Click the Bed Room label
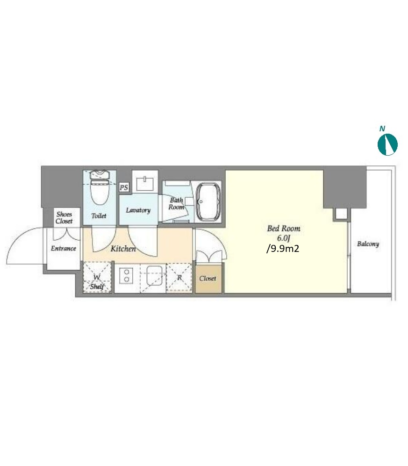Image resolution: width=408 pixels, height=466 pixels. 284,228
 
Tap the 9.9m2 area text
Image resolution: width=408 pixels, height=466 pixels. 283,249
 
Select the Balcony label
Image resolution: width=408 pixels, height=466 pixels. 368,244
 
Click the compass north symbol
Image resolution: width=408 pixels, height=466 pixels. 387,144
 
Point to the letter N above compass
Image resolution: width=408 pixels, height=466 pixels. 382,129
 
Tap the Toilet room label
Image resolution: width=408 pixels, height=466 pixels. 99,216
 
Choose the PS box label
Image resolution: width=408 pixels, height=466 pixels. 124,187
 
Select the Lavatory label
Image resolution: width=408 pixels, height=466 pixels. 138,210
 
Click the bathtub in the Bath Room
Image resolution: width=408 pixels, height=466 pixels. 208,201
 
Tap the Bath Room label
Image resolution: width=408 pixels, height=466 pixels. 176,204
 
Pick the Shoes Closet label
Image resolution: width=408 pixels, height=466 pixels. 64,217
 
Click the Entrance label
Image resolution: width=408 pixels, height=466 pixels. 63,249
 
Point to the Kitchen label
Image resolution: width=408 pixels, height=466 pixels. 123,249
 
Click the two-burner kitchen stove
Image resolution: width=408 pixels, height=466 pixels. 127,275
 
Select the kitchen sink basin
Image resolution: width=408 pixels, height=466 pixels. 155,275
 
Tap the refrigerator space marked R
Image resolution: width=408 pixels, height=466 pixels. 179,278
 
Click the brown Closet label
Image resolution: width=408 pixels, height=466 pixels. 208,279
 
